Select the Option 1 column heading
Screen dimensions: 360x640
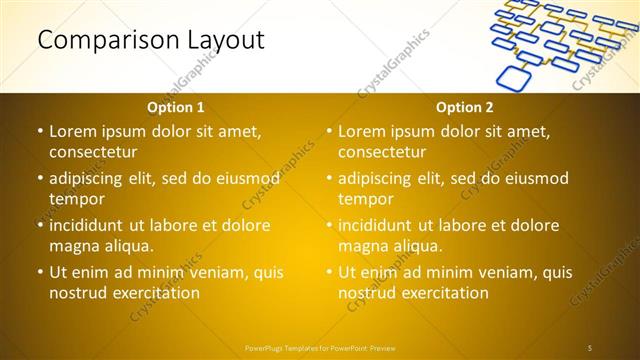176,107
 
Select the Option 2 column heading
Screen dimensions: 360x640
465,107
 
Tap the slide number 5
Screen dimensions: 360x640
590,347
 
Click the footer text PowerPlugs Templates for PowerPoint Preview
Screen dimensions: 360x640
320,347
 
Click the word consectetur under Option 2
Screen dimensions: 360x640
382,152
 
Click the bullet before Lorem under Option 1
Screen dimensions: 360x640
39,132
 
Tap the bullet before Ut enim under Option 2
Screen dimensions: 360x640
329,273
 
